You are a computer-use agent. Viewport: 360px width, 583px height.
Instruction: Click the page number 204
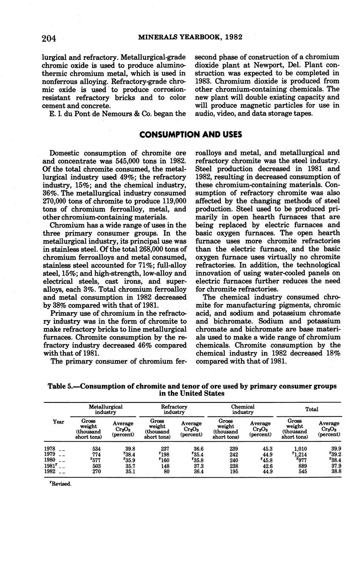tap(49, 38)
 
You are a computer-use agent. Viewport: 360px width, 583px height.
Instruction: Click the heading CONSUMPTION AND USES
tap(191, 135)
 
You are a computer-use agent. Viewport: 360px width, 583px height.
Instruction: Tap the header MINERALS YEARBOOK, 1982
tap(190, 37)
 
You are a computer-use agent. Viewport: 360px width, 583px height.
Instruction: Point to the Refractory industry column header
tap(174, 409)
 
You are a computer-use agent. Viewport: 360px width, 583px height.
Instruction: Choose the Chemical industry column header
tap(242, 409)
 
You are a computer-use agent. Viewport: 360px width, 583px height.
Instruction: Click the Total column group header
tap(312, 409)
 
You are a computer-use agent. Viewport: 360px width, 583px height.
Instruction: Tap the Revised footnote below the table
tap(60, 484)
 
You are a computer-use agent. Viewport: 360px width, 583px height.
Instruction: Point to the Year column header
tap(58, 422)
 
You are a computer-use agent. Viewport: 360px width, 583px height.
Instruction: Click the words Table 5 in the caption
tap(61, 386)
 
